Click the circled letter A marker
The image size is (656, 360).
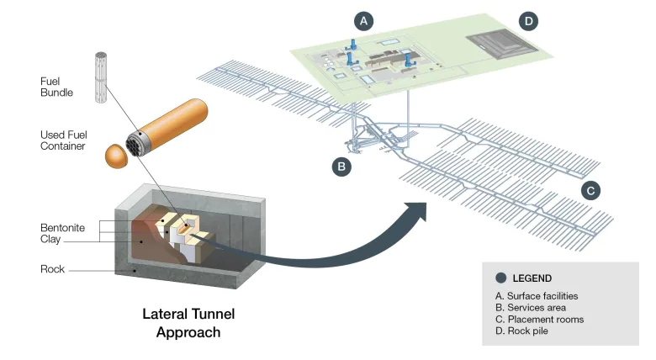point(363,19)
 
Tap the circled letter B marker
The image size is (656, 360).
point(341,166)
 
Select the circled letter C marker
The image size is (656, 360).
point(591,190)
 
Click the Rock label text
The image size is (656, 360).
point(52,270)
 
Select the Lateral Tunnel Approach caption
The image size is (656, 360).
point(188,323)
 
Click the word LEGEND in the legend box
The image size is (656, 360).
point(532,278)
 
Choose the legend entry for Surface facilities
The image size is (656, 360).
point(537,296)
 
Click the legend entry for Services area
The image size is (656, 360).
point(533,308)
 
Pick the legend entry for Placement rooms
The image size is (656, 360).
point(539,320)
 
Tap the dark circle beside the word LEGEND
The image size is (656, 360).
point(501,278)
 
